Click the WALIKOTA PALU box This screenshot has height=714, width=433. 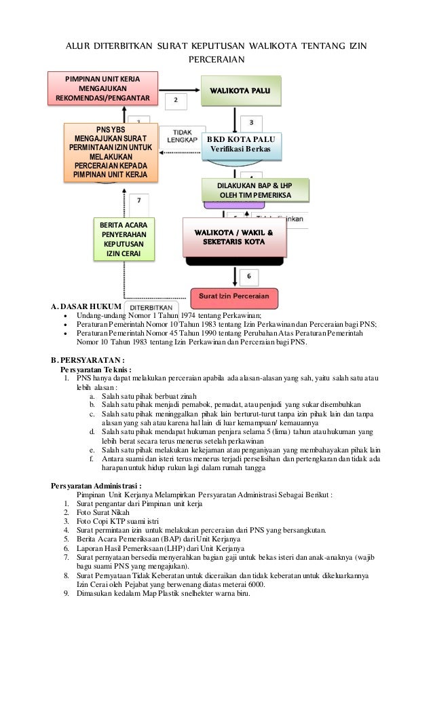[x=242, y=90]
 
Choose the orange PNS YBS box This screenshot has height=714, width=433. [x=111, y=153]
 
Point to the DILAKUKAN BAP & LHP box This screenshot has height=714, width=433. [x=254, y=190]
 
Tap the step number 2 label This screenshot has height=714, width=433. [x=176, y=99]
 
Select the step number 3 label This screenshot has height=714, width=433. [x=252, y=122]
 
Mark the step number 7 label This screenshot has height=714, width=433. [x=138, y=201]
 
